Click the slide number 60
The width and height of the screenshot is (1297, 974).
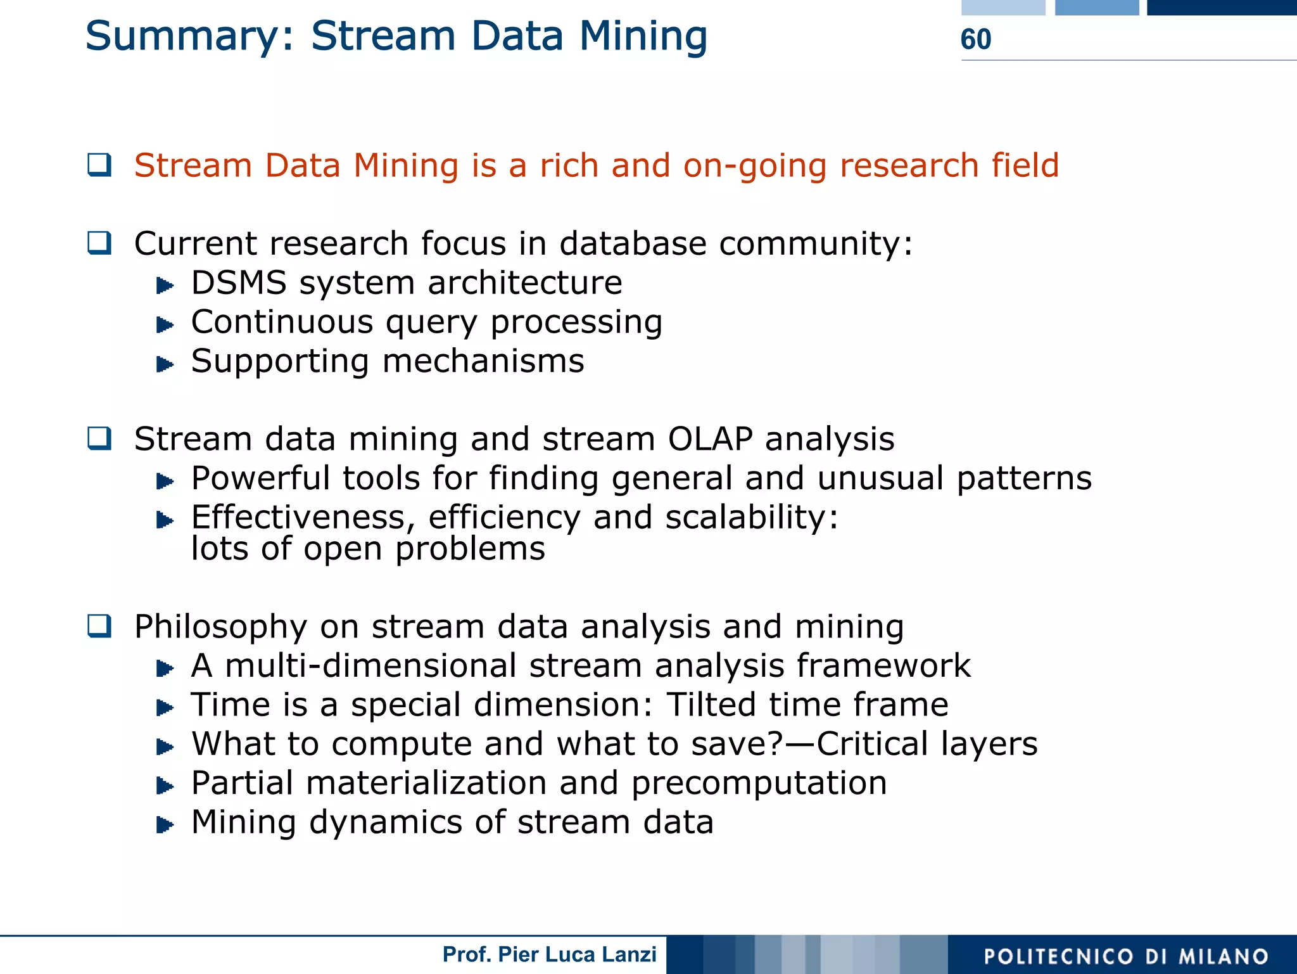click(975, 39)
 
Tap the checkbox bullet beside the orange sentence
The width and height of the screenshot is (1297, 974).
click(99, 165)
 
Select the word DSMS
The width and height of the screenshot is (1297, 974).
click(239, 283)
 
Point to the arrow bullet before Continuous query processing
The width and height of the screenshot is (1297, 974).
click(165, 325)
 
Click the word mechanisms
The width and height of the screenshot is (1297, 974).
click(483, 361)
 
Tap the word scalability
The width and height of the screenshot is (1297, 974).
click(747, 518)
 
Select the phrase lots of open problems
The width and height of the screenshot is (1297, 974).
click(368, 549)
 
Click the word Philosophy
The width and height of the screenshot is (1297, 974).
click(220, 627)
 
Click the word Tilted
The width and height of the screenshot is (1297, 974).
click(711, 705)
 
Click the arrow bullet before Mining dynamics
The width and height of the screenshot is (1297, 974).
click(165, 824)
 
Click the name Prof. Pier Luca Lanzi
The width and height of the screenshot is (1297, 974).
click(549, 954)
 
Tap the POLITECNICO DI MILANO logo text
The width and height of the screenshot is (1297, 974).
click(1126, 956)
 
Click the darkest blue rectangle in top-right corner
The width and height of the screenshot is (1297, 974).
click(1221, 8)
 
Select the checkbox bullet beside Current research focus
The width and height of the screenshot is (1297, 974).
click(99, 243)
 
